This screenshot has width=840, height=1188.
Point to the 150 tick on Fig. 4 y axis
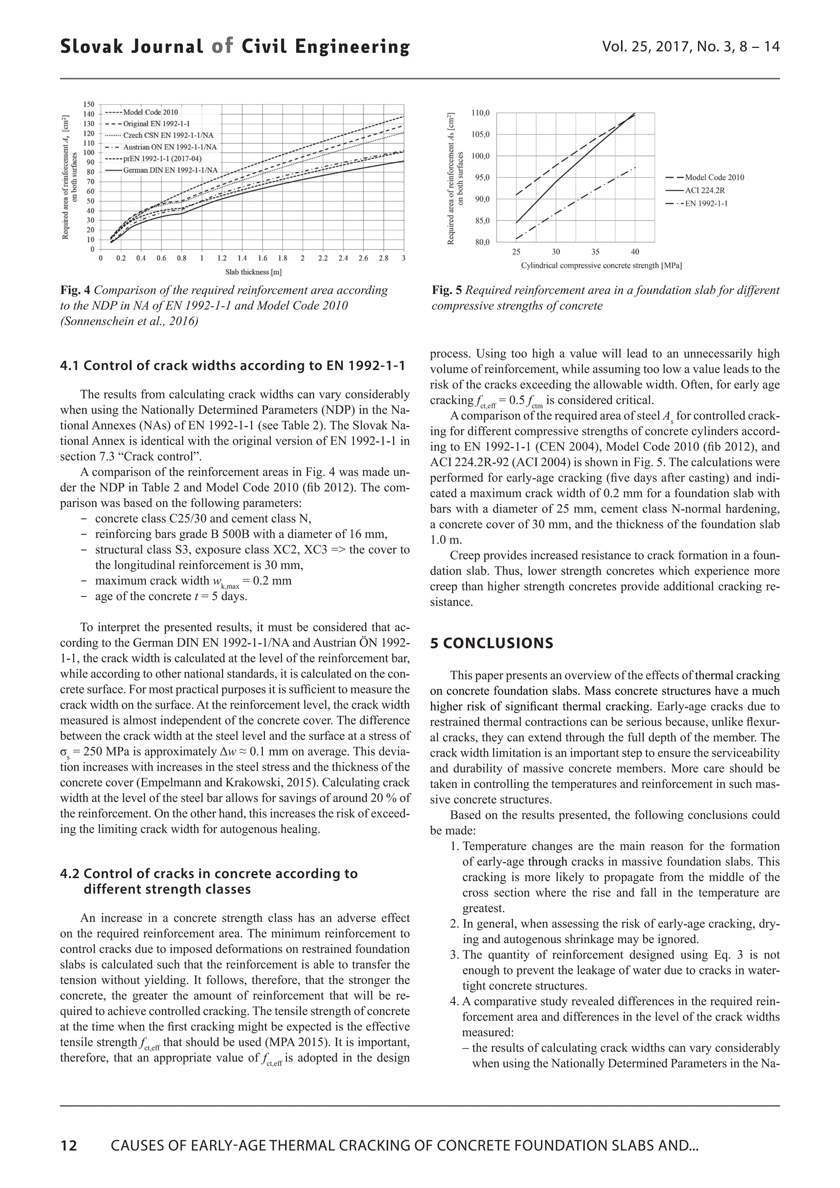89,104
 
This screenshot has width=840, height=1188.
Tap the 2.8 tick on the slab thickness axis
383,258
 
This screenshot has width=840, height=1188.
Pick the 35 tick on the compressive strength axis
596,252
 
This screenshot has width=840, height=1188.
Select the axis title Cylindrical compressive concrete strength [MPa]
601,265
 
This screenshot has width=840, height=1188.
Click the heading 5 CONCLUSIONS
491,643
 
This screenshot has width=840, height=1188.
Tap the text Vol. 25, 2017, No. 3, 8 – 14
691,47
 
